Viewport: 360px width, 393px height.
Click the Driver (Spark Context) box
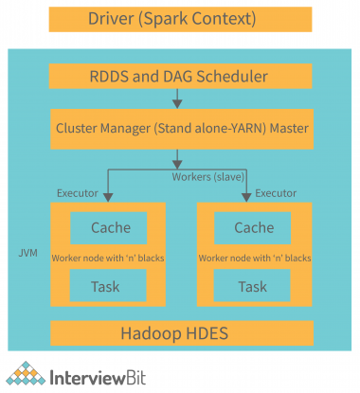coord(180,18)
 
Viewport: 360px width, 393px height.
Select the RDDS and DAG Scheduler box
coord(180,78)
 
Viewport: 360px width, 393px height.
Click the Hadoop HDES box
coord(180,333)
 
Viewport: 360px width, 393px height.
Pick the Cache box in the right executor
coord(253,227)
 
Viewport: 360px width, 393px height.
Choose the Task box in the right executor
coord(253,286)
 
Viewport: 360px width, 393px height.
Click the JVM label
coord(29,254)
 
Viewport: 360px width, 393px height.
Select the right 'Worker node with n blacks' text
coord(252,257)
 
